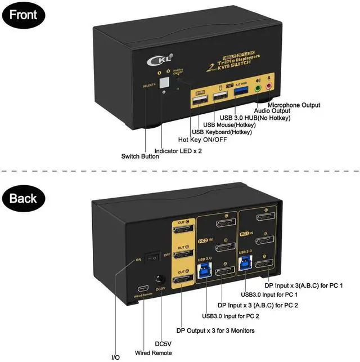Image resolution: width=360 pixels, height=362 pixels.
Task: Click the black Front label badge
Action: tap(22, 15)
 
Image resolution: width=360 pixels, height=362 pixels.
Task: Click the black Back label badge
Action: tap(22, 198)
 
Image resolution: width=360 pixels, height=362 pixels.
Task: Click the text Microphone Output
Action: tap(294, 105)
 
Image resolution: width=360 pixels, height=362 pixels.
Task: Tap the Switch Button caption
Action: tap(141, 157)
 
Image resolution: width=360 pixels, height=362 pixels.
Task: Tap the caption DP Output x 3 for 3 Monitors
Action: tap(215, 330)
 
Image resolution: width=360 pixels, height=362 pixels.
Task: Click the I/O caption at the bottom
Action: tap(115, 357)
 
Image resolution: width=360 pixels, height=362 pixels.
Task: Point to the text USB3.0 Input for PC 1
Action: tap(269, 294)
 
